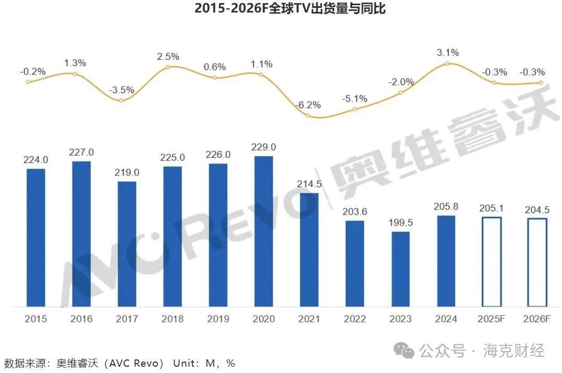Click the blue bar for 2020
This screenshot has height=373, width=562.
tap(264, 231)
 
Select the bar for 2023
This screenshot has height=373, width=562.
tap(400, 269)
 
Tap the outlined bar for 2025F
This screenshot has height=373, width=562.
tap(492, 262)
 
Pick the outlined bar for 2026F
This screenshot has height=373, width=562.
tap(537, 262)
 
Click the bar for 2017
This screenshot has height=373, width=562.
tap(127, 244)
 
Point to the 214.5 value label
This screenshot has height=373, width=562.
tap(309, 184)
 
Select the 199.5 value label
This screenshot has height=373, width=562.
tap(400, 223)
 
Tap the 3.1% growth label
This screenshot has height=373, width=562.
tap(448, 52)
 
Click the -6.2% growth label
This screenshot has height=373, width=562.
tap(309, 105)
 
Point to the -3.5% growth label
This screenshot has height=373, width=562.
tap(121, 90)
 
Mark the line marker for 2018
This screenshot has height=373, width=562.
tap(167, 67)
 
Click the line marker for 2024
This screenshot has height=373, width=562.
tap(447, 64)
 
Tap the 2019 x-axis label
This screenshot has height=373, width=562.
tap(218, 319)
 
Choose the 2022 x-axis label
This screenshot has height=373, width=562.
tap(355, 319)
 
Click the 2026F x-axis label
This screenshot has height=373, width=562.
tap(537, 319)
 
